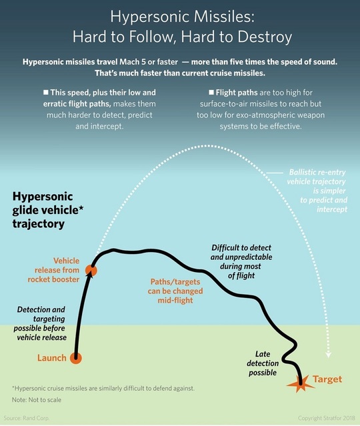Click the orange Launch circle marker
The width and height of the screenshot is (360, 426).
pyautogui.click(x=76, y=358)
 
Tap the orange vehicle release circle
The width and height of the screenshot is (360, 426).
pyautogui.click(x=91, y=270)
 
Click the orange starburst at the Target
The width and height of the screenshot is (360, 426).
pyautogui.click(x=301, y=383)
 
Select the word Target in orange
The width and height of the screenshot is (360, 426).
pyautogui.click(x=327, y=379)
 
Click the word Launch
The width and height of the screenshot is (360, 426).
pyautogui.click(x=51, y=358)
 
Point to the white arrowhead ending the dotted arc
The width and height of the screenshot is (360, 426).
pyautogui.click(x=329, y=355)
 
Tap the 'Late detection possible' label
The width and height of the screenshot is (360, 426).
pyautogui.click(x=263, y=363)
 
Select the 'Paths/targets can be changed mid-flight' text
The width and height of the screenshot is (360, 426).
pyautogui.click(x=175, y=291)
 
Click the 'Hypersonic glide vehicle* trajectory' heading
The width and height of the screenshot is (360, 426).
pyautogui.click(x=48, y=210)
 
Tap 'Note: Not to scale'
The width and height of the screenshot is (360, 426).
pyautogui.click(x=37, y=399)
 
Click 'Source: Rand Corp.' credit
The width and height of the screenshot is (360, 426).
pyautogui.click(x=27, y=418)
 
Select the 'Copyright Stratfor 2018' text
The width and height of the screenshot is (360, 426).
pyautogui.click(x=327, y=418)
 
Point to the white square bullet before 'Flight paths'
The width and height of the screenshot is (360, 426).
pyautogui.click(x=211, y=93)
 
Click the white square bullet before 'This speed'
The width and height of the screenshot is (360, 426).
pyautogui.click(x=45, y=93)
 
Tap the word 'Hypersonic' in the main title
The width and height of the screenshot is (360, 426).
pyautogui.click(x=149, y=17)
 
